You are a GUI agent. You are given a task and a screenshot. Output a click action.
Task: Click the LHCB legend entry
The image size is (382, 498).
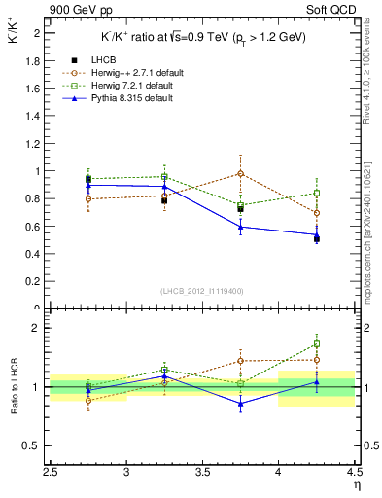click(104, 61)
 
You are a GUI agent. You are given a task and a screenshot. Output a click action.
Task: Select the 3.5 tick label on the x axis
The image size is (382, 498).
click(202, 474)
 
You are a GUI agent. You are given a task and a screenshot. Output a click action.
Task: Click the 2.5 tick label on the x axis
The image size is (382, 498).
click(51, 474)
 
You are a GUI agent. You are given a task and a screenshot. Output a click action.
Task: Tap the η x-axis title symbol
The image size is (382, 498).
click(356, 485)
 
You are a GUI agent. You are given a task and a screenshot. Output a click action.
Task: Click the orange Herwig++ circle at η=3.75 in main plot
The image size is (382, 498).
click(241, 174)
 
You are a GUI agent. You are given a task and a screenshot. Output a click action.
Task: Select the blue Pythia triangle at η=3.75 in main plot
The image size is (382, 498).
click(241, 227)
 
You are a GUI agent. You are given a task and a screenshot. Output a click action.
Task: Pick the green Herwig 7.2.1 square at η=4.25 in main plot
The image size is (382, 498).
click(317, 193)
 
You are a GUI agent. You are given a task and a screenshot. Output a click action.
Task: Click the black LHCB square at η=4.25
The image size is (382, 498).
click(317, 238)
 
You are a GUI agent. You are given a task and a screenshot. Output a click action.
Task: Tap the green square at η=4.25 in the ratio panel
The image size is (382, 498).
click(317, 343)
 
